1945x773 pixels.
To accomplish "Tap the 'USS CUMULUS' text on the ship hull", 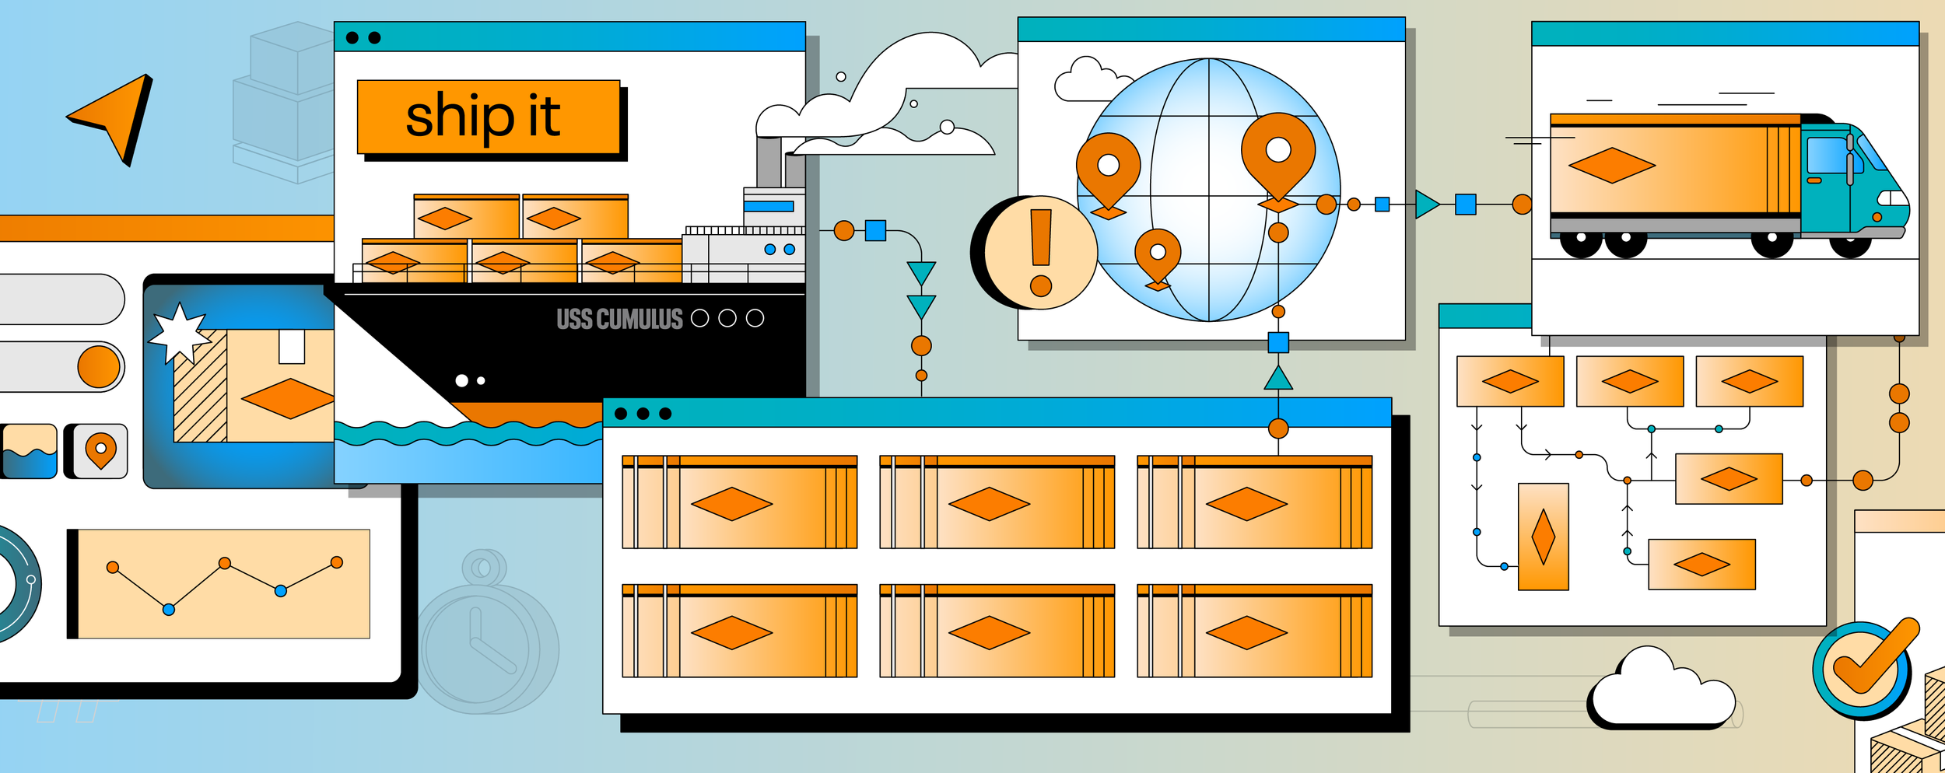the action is (619, 319).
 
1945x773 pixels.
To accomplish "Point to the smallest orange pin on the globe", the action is (1158, 255).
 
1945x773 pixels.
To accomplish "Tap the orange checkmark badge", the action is (1867, 665).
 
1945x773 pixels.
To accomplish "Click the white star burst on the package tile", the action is (180, 333).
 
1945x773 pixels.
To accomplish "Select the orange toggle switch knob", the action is (99, 366).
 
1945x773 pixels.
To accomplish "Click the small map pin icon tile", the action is (100, 450).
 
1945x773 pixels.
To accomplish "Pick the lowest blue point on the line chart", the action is (169, 610).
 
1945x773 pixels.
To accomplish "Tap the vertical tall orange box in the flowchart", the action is (1543, 537).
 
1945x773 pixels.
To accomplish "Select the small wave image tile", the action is (30, 450).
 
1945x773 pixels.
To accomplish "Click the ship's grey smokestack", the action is (769, 161).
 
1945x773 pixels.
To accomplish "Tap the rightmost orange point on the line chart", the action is (337, 562).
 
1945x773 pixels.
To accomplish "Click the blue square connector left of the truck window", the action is (1466, 205).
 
